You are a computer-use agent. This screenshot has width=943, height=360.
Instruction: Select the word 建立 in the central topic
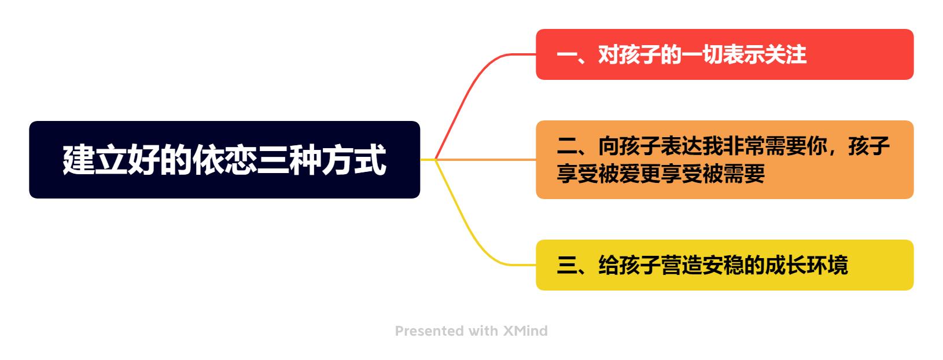[95, 160]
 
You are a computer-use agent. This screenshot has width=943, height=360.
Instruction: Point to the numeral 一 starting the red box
[566, 54]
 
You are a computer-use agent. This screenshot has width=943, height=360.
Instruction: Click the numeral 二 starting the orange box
[566, 146]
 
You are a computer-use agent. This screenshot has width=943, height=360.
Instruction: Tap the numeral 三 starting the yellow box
[566, 265]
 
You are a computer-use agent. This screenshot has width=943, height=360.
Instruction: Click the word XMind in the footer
[525, 331]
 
